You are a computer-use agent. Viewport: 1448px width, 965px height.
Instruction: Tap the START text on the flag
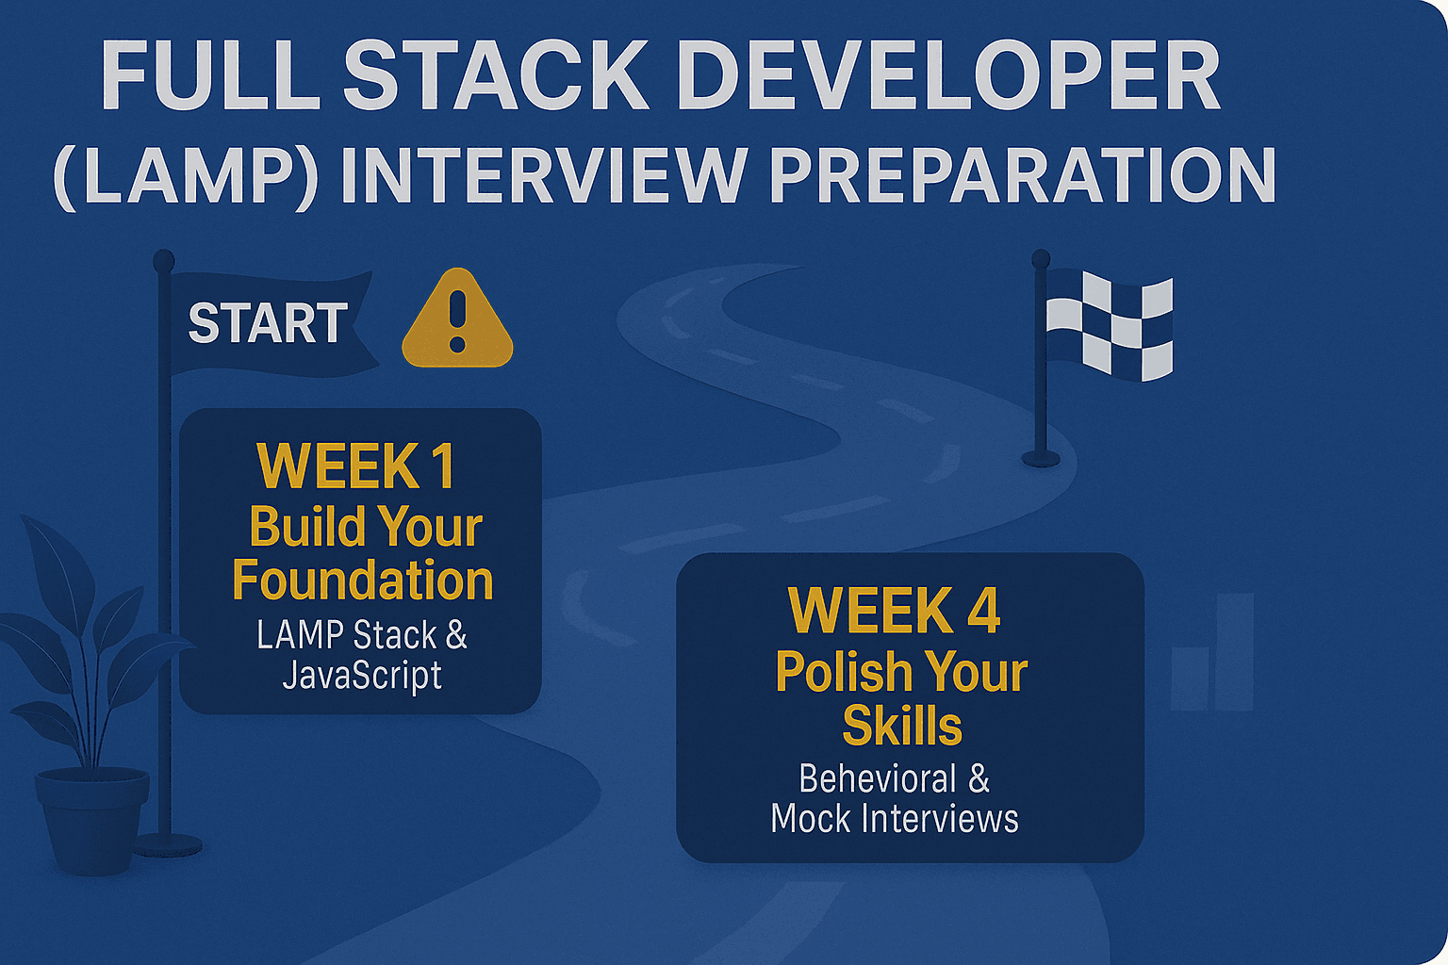268,322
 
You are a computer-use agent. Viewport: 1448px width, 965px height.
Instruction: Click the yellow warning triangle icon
457,318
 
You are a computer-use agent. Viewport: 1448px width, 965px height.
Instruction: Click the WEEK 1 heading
356,466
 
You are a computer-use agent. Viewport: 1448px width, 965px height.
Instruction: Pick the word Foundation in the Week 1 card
363,580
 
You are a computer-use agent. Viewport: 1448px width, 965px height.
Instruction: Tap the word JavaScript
362,677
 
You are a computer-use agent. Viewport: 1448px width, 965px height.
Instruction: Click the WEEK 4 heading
895,611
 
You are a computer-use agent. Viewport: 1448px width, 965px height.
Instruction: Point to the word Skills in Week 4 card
902,726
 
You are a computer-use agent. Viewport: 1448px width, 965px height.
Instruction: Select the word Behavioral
878,778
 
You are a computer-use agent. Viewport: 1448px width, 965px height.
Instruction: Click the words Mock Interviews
895,819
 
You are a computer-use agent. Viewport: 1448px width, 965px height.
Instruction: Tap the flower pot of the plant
91,821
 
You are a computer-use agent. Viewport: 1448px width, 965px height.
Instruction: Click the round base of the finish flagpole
1041,459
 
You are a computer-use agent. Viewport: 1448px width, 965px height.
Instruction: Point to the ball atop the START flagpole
163,260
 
